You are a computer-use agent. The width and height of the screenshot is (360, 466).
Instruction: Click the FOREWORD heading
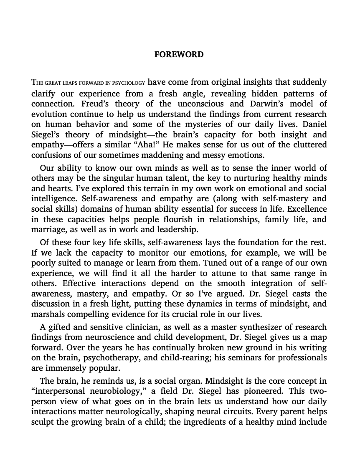click(x=179, y=55)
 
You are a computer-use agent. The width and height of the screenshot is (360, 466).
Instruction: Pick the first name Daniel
click(x=313, y=124)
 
